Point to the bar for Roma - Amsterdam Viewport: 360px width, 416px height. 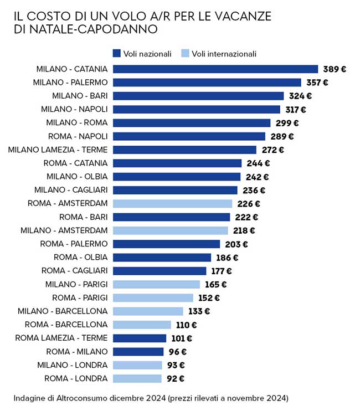pos(172,203)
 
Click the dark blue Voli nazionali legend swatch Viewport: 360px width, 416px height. pos(117,54)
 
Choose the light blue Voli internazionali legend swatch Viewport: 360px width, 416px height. pos(186,54)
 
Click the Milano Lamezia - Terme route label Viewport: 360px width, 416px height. pos(58,150)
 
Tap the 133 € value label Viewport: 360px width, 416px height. pos(199,311)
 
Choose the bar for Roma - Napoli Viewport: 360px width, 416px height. pos(189,136)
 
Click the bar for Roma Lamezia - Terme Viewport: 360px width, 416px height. pos(139,338)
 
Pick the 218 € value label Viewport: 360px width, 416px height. pos(244,230)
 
